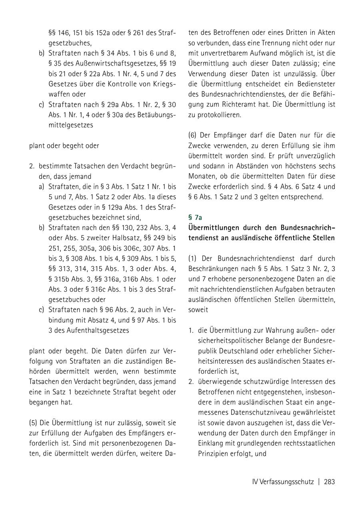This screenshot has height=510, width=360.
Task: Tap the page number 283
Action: click(329, 481)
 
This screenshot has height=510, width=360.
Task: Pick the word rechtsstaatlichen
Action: click(309, 443)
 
